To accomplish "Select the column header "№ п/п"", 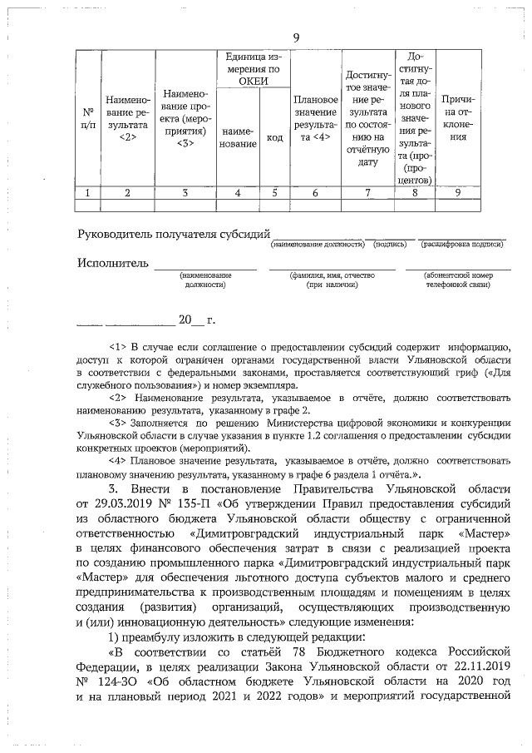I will (87, 116).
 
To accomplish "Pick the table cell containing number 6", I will (315, 193).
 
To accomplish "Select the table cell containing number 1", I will (87, 193).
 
